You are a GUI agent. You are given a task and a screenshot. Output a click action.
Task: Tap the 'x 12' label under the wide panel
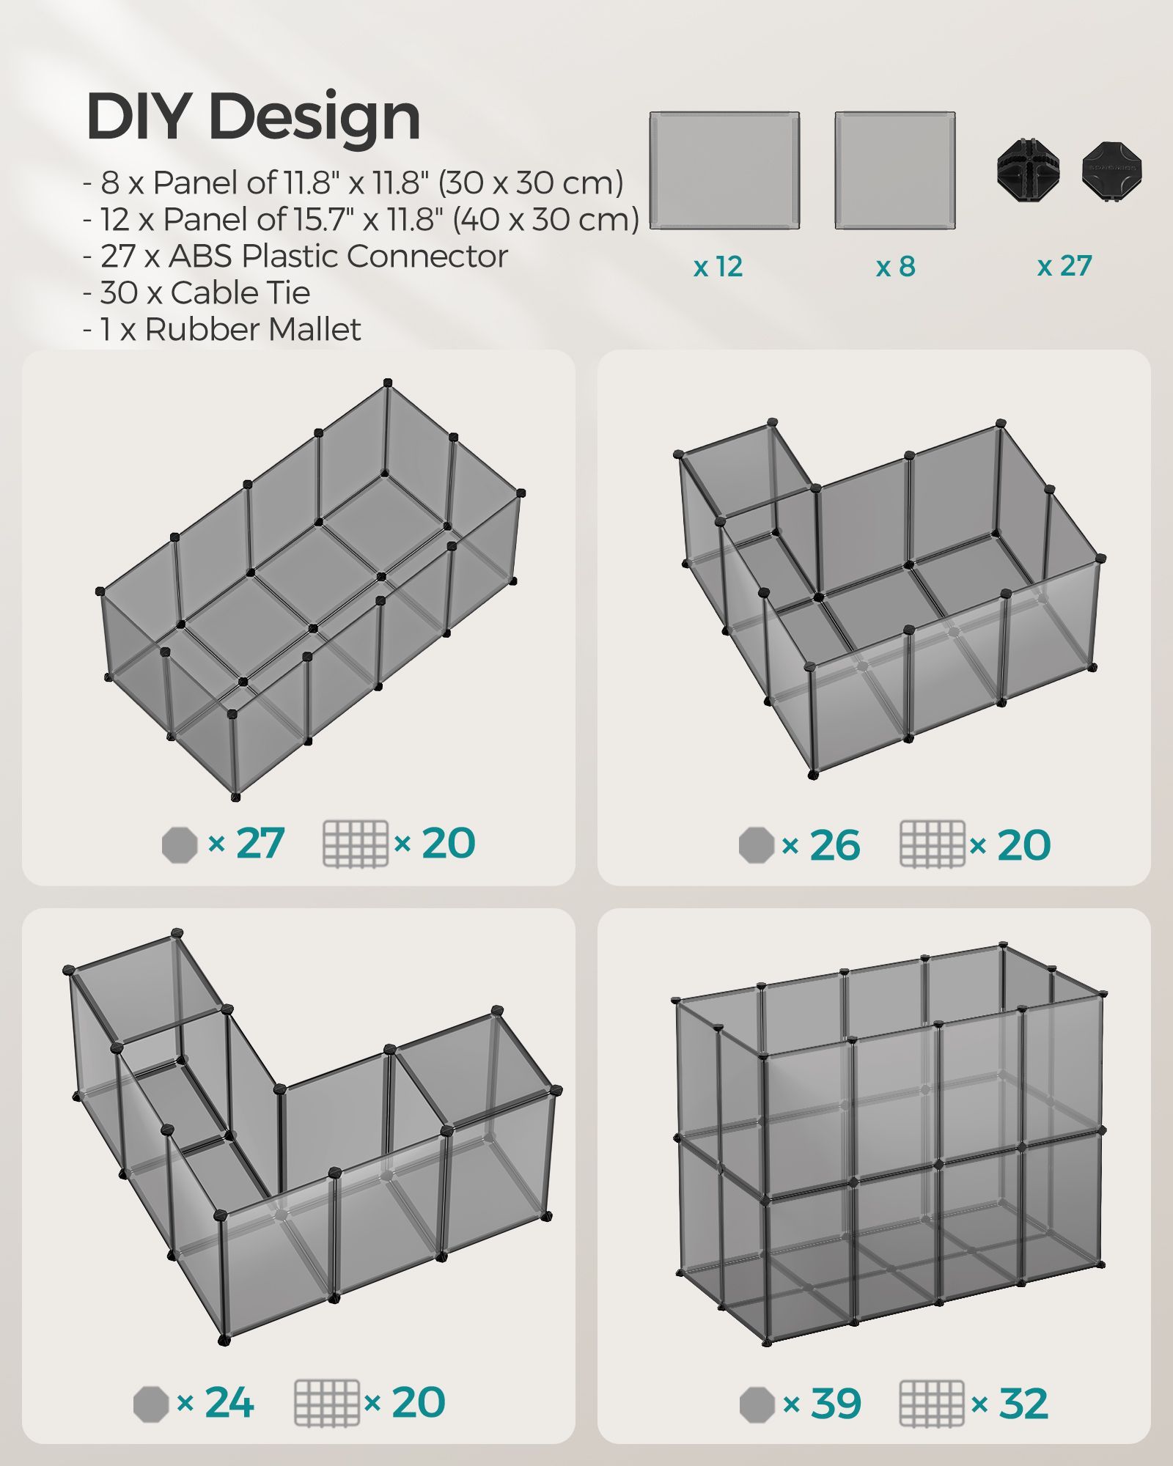point(718,266)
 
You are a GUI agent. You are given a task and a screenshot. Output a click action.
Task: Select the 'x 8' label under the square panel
point(895,266)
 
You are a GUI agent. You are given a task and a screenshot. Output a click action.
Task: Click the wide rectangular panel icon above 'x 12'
point(724,171)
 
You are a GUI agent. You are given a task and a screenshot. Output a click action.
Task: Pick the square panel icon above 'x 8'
point(895,171)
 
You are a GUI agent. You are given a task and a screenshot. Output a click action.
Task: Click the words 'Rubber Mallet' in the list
point(253,330)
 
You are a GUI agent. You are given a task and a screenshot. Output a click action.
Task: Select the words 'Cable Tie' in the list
point(240,293)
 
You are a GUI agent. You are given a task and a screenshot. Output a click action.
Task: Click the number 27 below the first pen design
point(260,843)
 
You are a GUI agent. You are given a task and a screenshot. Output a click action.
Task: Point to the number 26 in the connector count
point(834,846)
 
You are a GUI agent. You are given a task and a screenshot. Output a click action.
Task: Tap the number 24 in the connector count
point(229,1403)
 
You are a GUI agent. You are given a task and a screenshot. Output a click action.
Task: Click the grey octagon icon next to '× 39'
point(757,1404)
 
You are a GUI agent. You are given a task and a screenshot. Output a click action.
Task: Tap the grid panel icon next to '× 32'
point(932,1404)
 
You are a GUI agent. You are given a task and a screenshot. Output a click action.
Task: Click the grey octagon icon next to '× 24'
point(151,1404)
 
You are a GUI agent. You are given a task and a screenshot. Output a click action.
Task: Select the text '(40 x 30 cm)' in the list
point(546,219)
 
